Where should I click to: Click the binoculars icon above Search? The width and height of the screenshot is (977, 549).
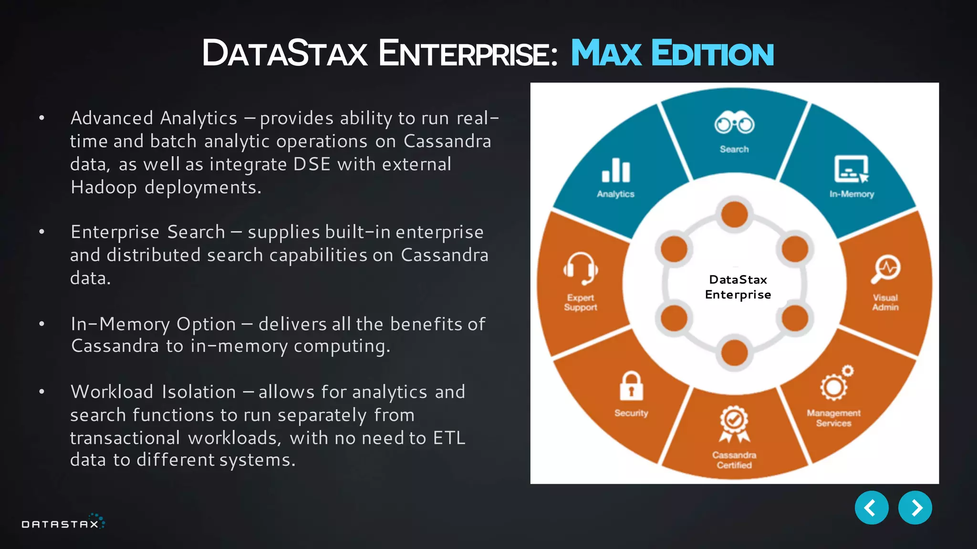click(734, 123)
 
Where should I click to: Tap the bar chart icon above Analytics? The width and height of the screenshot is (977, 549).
click(616, 171)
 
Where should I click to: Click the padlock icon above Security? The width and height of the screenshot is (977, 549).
click(631, 386)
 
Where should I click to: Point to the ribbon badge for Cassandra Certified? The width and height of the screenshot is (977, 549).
click(734, 424)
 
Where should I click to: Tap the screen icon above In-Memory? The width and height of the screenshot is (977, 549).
click(852, 169)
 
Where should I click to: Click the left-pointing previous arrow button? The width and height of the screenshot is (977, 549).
click(871, 508)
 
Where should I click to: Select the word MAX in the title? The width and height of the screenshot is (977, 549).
click(606, 53)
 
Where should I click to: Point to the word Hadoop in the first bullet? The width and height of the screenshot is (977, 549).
click(104, 187)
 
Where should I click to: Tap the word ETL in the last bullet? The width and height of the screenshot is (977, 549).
click(449, 438)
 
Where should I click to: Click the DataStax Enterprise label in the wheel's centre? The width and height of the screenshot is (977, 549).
click(738, 287)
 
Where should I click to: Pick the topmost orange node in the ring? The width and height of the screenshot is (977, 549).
click(734, 214)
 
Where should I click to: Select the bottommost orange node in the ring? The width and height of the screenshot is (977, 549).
click(734, 353)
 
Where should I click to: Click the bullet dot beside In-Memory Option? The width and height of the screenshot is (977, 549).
click(42, 324)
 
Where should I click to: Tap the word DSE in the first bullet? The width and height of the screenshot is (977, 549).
click(312, 164)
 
